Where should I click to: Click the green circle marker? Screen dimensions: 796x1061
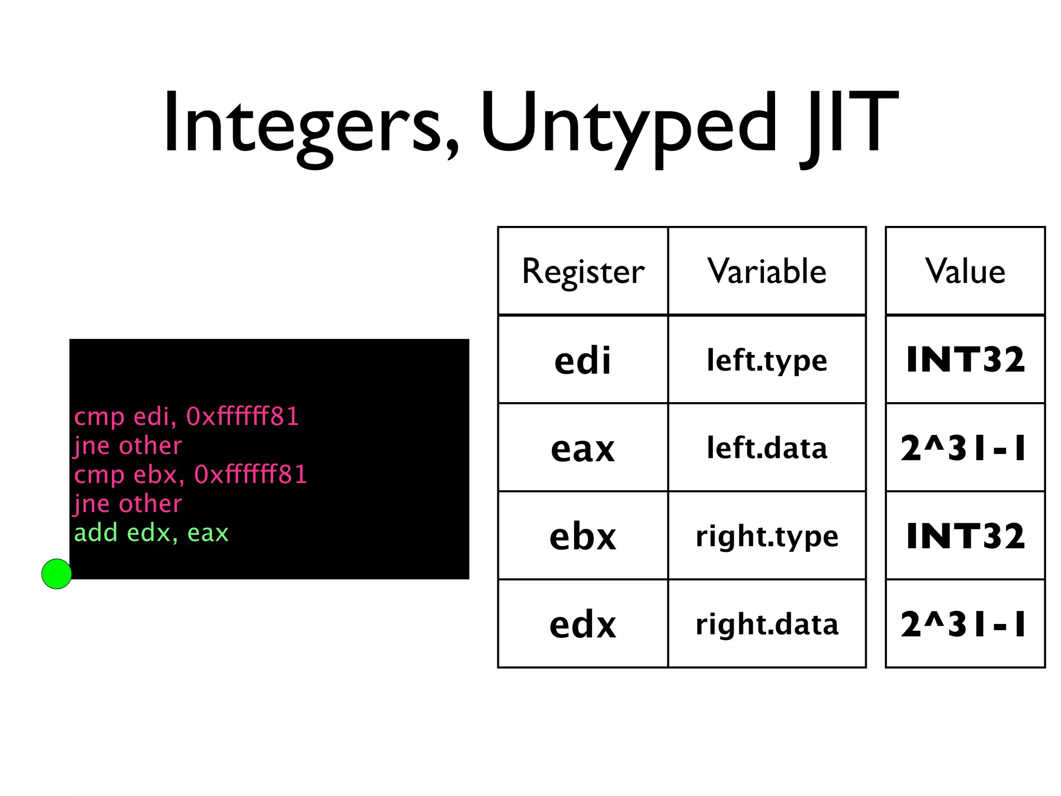click(56, 574)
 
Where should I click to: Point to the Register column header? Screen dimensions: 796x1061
click(583, 271)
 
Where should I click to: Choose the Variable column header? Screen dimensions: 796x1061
click(767, 271)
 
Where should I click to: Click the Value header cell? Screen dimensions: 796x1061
click(965, 271)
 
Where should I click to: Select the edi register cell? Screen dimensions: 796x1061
click(583, 360)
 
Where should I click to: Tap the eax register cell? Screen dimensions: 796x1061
click(583, 448)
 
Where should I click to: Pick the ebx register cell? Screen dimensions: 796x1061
click(583, 536)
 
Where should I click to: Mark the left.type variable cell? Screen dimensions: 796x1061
click(767, 360)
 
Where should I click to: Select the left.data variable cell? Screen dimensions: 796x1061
click(767, 448)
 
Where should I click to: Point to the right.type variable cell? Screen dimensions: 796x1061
click(767, 536)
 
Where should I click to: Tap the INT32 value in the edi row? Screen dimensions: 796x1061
click(965, 360)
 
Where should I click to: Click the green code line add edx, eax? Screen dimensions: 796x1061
click(151, 533)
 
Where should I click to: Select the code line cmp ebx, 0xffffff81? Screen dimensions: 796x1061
click(191, 475)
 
